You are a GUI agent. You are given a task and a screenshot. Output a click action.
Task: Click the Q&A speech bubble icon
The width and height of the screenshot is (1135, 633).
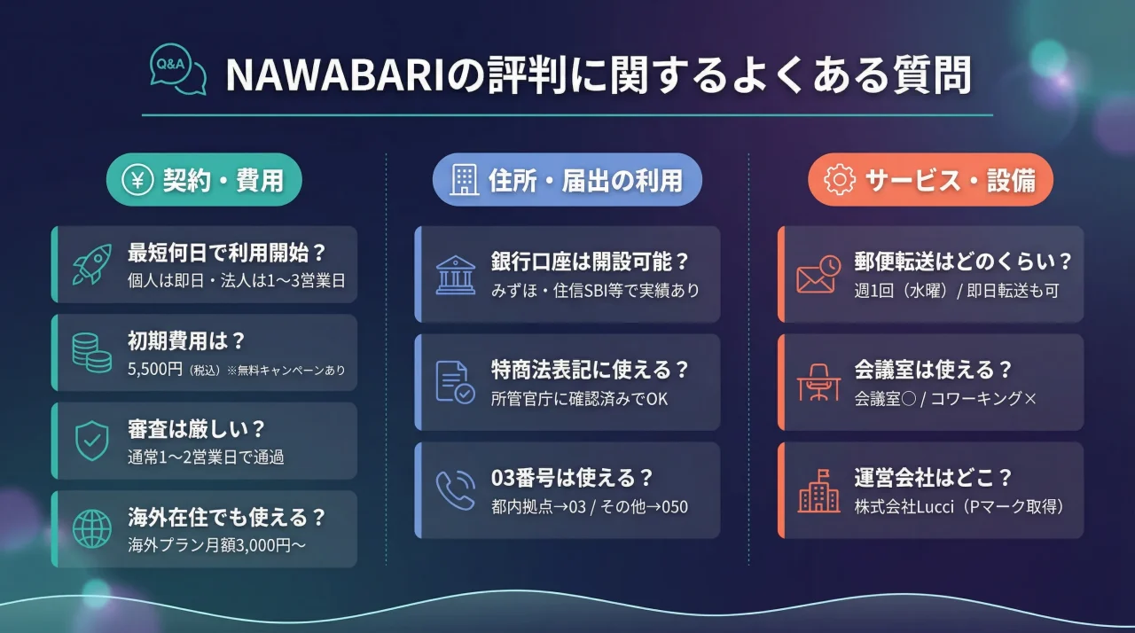(x=177, y=70)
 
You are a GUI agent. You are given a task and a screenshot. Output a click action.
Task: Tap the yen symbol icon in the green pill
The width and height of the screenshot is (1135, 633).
(x=138, y=181)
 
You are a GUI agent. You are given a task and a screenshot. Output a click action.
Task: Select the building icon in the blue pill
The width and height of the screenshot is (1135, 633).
(x=464, y=181)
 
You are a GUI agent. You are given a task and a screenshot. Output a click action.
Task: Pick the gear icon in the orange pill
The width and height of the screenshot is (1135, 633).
(x=839, y=181)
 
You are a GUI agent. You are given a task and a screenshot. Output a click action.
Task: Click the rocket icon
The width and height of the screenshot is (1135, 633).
(x=92, y=264)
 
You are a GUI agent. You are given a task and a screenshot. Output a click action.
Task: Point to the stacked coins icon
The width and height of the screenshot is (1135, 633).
(x=92, y=352)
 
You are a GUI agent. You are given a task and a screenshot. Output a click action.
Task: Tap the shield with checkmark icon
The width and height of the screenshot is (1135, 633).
(x=92, y=441)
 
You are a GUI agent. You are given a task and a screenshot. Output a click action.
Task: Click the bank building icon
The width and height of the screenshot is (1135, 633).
(x=455, y=274)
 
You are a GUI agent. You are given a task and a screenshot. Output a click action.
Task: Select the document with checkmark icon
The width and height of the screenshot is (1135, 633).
(x=455, y=381)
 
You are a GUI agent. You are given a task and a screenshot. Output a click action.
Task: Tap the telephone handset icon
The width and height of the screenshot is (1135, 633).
(x=455, y=490)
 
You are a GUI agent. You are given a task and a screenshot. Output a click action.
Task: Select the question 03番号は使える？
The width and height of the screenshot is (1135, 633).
(x=572, y=478)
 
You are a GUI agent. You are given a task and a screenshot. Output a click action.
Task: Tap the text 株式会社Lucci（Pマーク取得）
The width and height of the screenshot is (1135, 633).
(x=959, y=507)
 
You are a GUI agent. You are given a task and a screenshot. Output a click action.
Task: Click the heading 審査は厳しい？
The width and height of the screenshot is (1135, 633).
(x=196, y=429)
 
